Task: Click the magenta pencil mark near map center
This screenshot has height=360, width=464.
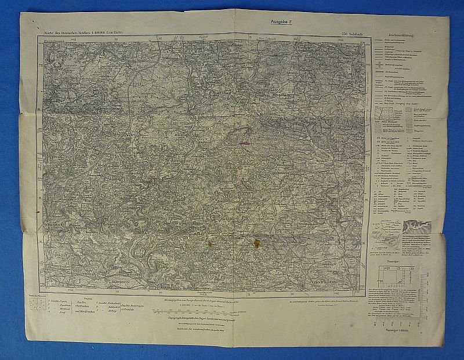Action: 245,141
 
